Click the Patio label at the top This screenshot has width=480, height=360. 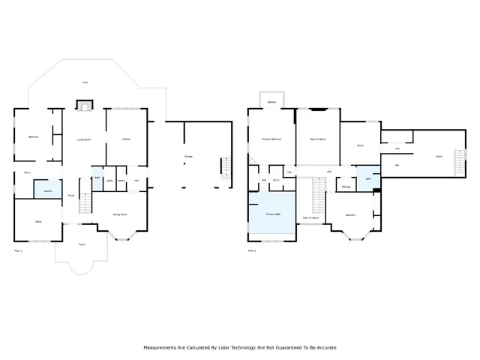pos(85,83)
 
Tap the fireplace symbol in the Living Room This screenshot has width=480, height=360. pos(84,106)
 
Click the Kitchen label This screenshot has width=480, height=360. pos(127,138)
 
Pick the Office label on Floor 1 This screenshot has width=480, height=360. pos(37,222)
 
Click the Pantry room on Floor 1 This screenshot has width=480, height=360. pos(121,181)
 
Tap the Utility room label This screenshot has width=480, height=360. pos(109,181)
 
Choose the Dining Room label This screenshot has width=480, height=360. pos(118,214)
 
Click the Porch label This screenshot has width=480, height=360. pos(81,244)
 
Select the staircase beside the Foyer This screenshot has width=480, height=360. pos(84,202)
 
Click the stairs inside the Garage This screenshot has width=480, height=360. pos(223,166)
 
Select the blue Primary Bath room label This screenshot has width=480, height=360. pos(272,214)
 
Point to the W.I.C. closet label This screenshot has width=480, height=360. pos(275,180)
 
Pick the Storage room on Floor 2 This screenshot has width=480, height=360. pos(346,187)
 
